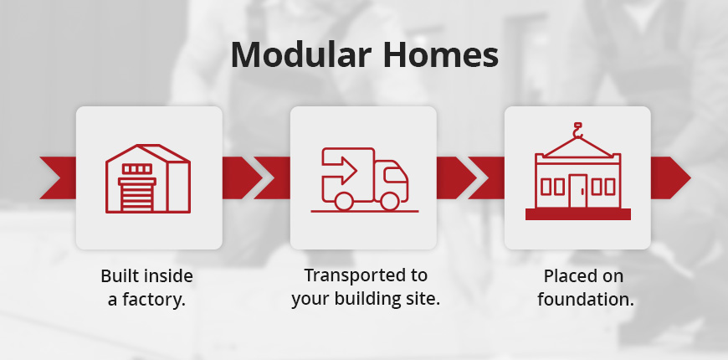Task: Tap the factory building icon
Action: point(148,177)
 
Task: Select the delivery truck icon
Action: point(364,178)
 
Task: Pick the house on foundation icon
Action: point(577,177)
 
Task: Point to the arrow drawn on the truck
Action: point(341,171)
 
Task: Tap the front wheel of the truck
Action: point(389,201)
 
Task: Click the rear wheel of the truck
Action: point(343,201)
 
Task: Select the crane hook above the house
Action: point(577,130)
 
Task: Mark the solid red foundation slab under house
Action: point(577,215)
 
